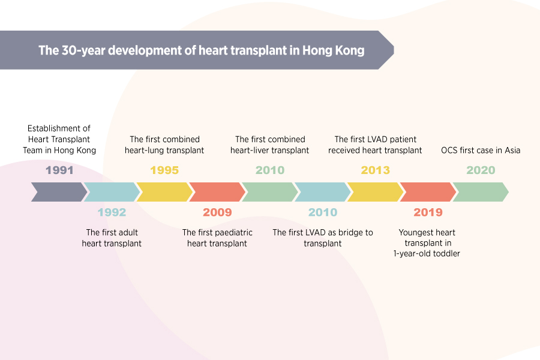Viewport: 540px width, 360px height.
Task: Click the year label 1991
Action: [x=59, y=170]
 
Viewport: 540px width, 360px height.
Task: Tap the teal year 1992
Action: [x=112, y=212]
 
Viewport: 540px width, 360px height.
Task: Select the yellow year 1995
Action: [x=164, y=170]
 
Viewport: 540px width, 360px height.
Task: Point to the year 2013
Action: [x=376, y=170]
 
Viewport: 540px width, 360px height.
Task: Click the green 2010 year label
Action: [x=270, y=170]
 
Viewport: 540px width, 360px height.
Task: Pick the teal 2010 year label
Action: [x=323, y=212]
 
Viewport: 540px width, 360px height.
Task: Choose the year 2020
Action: [x=481, y=170]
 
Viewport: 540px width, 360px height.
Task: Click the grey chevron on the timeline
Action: [x=59, y=192]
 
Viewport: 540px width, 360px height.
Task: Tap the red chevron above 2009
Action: [x=217, y=192]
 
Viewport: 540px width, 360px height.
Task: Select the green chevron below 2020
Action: [x=481, y=192]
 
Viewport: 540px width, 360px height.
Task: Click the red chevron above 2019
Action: [x=428, y=192]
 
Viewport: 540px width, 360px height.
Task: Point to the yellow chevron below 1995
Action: [x=164, y=192]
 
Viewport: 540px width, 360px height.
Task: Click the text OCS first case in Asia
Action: [x=481, y=150]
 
